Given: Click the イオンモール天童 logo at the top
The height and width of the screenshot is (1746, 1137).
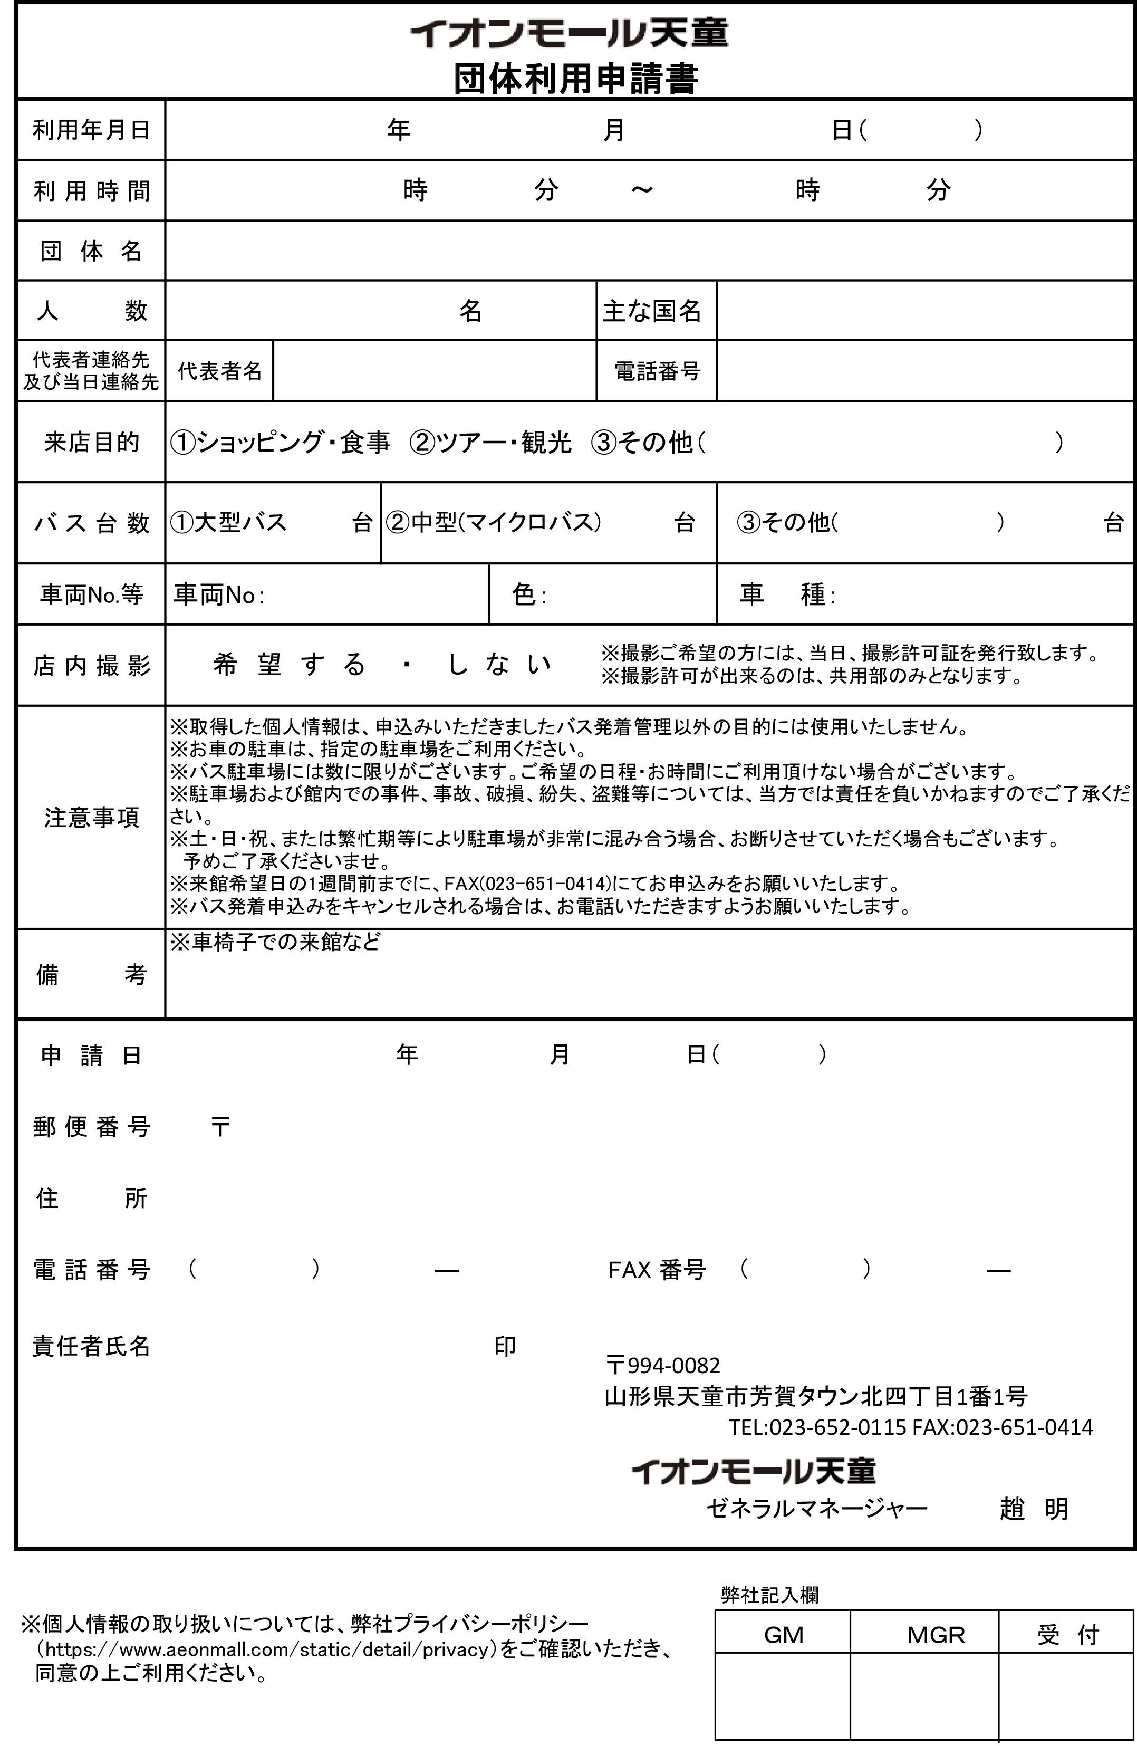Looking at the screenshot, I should [569, 34].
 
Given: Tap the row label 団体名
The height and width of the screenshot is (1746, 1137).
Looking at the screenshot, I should [91, 251].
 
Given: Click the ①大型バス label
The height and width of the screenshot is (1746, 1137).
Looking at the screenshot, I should [228, 522].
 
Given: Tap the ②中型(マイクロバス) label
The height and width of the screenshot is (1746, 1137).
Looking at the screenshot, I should [494, 522].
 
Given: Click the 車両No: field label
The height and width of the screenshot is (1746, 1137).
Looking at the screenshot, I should [219, 594].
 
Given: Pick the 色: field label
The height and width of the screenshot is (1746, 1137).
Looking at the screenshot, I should [528, 594].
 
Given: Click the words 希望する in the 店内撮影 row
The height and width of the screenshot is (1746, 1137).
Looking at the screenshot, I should [289, 665].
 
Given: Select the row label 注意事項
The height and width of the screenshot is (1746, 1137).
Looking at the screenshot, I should [91, 817].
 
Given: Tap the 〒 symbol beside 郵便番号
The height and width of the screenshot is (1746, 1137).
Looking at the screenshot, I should [220, 1127].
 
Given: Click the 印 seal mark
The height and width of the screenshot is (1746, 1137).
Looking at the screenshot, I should [505, 1346].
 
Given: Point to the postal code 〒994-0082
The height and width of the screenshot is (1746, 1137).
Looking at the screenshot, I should [663, 1365].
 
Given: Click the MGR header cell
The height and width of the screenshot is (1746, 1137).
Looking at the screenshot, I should [935, 1635].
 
